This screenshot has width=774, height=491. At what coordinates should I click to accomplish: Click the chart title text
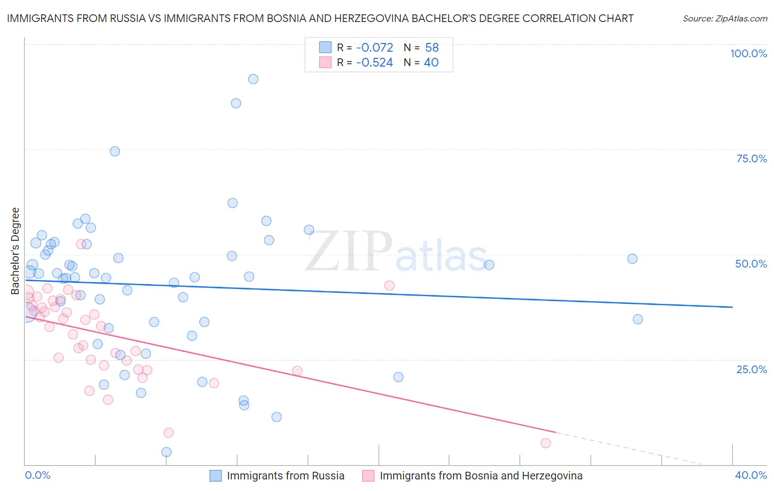pos(319,18)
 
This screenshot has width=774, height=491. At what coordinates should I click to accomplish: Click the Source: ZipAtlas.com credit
pos(724,18)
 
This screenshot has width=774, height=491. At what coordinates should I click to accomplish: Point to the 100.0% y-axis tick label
pos(748,53)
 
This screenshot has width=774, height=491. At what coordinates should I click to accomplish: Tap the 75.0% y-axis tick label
pos(751,159)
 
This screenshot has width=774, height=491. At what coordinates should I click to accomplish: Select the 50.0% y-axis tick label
pos(751,264)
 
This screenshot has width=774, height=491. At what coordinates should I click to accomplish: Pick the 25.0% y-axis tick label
pos(751,369)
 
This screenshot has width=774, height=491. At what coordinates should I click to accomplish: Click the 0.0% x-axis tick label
pos(37,475)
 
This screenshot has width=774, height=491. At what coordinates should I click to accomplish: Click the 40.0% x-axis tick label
pos(751,475)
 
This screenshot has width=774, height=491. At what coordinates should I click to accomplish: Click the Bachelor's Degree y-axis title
pos(15,251)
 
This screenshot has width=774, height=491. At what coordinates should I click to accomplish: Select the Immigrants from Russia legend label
pos(285,476)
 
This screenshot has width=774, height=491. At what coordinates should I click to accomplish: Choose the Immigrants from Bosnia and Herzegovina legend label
pos(481,476)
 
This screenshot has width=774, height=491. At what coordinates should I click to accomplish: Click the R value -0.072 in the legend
pos(374,48)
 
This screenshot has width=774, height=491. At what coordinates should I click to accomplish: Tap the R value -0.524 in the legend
pos(374,63)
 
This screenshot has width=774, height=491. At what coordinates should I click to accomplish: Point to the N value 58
pos(432,48)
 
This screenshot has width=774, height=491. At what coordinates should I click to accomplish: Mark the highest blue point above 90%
pos(253,79)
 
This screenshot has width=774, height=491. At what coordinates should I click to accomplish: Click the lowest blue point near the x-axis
pos(166,452)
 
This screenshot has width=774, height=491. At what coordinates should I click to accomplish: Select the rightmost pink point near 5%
pos(546,443)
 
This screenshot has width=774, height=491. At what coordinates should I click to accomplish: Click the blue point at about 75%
pos(115,151)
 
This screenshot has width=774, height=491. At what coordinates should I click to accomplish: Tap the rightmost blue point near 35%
pos(637,319)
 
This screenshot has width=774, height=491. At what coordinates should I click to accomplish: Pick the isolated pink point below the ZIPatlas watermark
pos(389,285)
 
